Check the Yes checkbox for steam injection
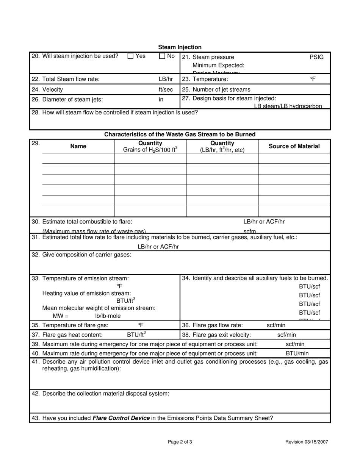tap(131, 56)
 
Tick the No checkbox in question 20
tap(162, 56)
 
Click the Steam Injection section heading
tap(180, 47)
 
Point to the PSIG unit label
tap(316, 57)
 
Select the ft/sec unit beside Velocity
tap(166, 90)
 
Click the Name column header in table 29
tap(78, 146)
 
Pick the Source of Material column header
tap(294, 146)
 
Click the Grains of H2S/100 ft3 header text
tap(150, 150)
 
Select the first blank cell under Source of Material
tap(294, 158)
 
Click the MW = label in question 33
tap(61, 316)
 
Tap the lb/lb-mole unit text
tap(108, 316)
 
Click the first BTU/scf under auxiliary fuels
tap(309, 287)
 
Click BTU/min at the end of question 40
tap(297, 353)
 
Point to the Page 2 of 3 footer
tap(180, 442)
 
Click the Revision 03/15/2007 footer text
tap(307, 442)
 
